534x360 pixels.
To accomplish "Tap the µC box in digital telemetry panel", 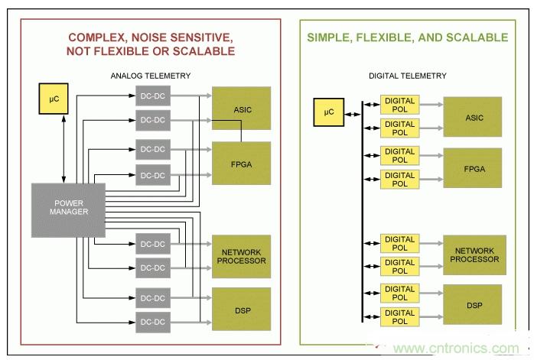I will tap(329, 114).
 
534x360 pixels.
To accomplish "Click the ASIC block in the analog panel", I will tap(242, 109).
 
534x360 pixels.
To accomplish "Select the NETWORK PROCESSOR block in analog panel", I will tap(242, 256).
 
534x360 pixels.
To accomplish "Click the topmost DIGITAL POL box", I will tap(400, 105).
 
